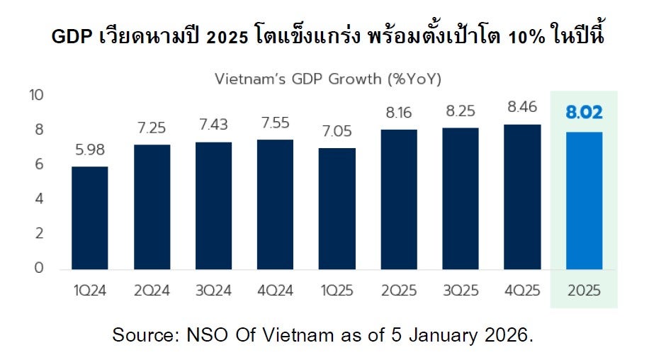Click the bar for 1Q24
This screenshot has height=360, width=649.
point(89,218)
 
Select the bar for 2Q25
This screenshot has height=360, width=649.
point(398,199)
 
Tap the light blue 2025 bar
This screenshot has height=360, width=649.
point(584,201)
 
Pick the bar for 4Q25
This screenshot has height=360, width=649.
point(522,196)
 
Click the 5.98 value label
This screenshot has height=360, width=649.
point(89,150)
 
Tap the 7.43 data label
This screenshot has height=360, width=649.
point(213,125)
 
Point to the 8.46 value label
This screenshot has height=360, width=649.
point(522,108)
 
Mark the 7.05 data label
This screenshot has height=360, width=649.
point(337,132)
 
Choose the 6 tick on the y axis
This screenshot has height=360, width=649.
point(40,164)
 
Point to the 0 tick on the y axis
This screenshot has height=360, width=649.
point(40,269)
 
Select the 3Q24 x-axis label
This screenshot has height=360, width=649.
point(213,291)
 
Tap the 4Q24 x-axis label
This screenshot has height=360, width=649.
point(275,291)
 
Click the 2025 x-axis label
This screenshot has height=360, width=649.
point(584,291)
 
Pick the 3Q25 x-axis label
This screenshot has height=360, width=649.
point(461,291)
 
